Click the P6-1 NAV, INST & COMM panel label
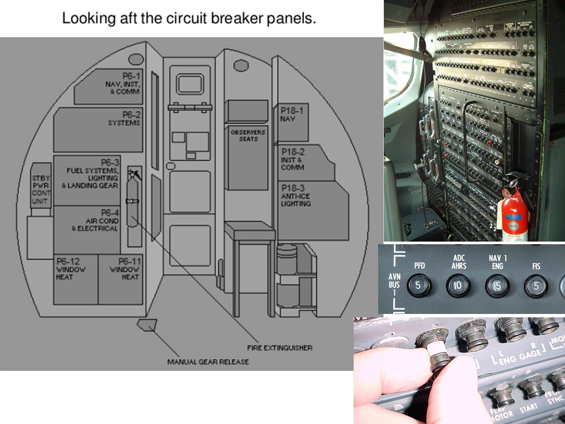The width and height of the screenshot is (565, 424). (x=122, y=84)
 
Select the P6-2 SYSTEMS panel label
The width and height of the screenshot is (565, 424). (x=124, y=119)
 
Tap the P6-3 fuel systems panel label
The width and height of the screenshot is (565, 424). (x=92, y=174)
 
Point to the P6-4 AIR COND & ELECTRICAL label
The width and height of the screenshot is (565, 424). (x=96, y=220)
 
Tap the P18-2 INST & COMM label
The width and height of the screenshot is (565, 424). (x=293, y=159)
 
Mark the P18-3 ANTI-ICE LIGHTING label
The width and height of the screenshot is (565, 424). (x=296, y=196)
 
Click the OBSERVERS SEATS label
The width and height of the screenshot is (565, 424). (x=248, y=136)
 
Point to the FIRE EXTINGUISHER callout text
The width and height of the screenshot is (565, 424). (x=279, y=348)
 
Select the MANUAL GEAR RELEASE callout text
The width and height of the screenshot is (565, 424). (x=208, y=362)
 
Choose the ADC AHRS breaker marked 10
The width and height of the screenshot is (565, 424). (x=458, y=286)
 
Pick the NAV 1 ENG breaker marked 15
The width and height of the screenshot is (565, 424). (x=497, y=286)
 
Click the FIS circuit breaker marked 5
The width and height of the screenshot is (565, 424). (x=536, y=286)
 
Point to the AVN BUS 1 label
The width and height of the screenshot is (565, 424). (x=394, y=285)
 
